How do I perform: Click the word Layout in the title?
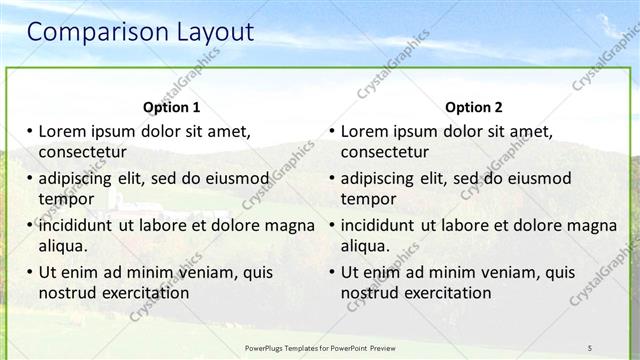pos(207,32)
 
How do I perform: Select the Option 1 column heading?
pos(172,107)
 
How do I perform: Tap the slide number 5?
pos(589,347)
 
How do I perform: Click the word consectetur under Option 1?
pos(82,153)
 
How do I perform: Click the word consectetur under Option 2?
pos(385,153)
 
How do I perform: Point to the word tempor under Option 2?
pos(368,199)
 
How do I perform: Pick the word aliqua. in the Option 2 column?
pos(366,246)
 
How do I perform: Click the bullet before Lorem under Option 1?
pos(30,131)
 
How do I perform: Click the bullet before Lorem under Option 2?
pos(332,131)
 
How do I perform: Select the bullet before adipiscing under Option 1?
pos(30,178)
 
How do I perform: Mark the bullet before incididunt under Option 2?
pos(332,225)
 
